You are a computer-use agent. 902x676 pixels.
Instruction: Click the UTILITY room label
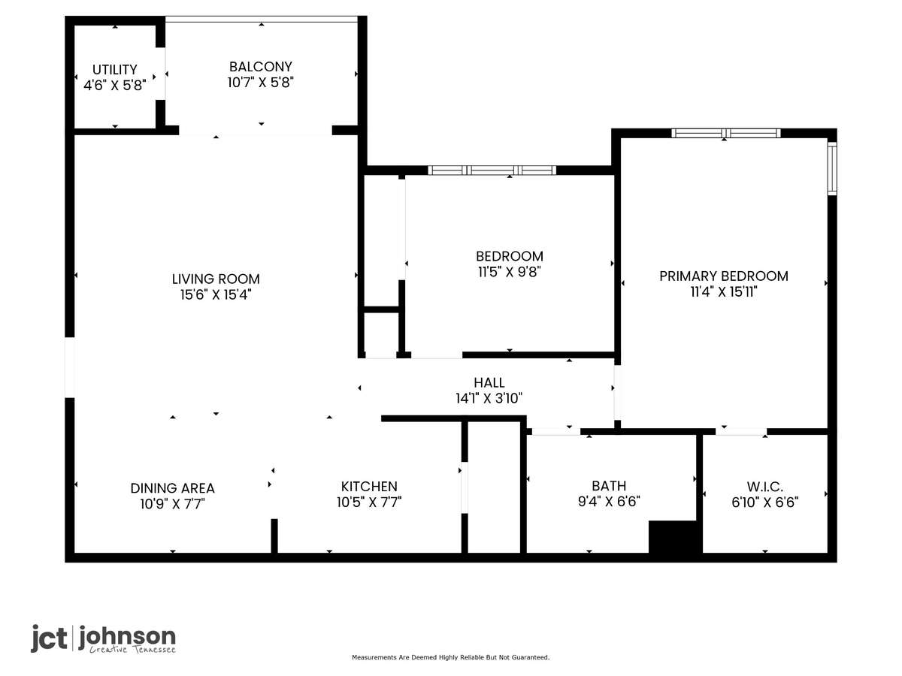pyautogui.click(x=115, y=69)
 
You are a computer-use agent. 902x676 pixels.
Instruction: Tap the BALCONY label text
pyautogui.click(x=261, y=67)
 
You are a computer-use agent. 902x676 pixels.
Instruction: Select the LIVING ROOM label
pyautogui.click(x=216, y=279)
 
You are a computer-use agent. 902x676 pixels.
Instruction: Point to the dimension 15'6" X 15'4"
pyautogui.click(x=216, y=294)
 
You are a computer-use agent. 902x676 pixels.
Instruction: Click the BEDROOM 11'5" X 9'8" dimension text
pyautogui.click(x=509, y=272)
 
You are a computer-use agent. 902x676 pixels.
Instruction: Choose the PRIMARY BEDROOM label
pyautogui.click(x=724, y=276)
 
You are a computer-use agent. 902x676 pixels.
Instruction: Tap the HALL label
pyautogui.click(x=489, y=382)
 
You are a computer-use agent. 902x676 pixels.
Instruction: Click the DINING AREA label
pyautogui.click(x=173, y=488)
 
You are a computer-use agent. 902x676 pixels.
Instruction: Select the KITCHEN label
pyautogui.click(x=369, y=487)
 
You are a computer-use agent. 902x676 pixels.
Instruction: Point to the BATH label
pyautogui.click(x=609, y=485)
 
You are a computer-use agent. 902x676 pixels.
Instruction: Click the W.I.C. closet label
pyautogui.click(x=764, y=487)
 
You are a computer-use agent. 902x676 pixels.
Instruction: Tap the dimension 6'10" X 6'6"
pyautogui.click(x=764, y=502)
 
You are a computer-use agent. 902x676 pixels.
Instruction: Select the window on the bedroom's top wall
pyautogui.click(x=492, y=171)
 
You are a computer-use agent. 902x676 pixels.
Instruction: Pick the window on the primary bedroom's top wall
pyautogui.click(x=726, y=133)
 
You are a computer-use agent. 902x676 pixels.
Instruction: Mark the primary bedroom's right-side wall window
pyautogui.click(x=832, y=168)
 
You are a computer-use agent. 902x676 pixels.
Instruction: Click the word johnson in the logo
pyautogui.click(x=127, y=638)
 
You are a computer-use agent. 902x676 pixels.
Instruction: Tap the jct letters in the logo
pyautogui.click(x=49, y=638)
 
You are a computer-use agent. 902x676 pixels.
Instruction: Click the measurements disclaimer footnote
pyautogui.click(x=450, y=657)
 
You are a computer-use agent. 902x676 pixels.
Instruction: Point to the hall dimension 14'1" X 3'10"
pyautogui.click(x=489, y=398)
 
